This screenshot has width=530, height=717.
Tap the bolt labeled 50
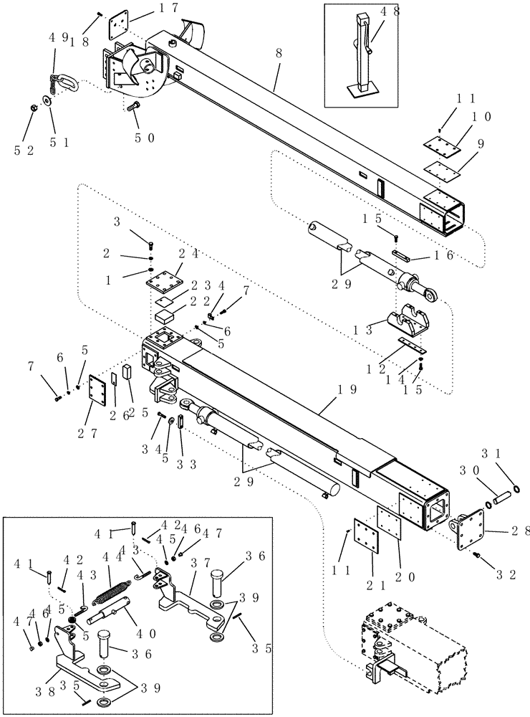[133, 108]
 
